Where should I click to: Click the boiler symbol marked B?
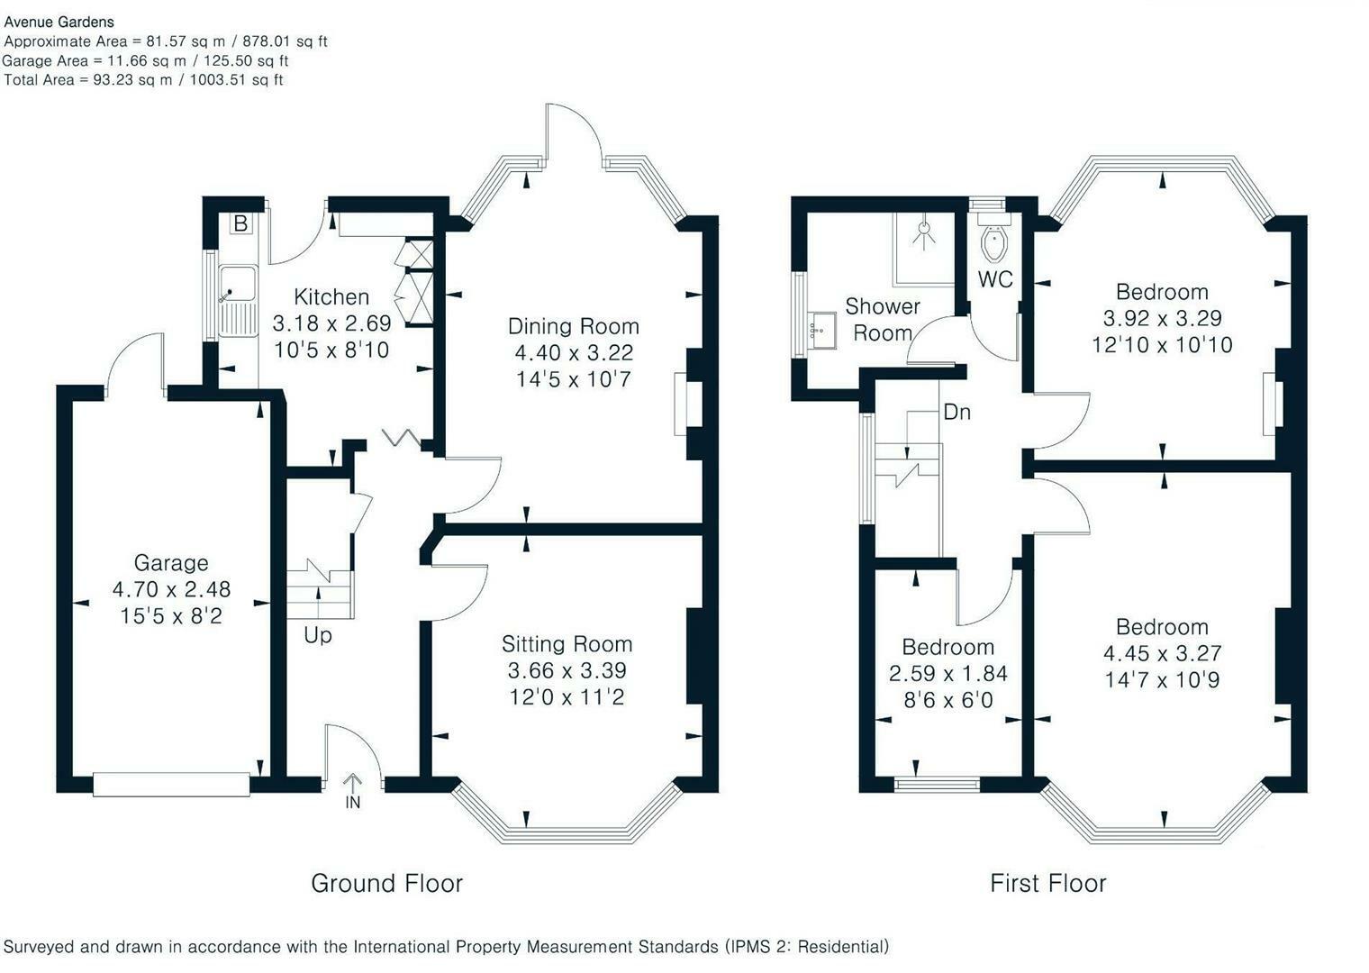pyautogui.click(x=240, y=223)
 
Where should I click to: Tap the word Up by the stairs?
pyautogui.click(x=317, y=635)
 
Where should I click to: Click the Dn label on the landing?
pyautogui.click(x=956, y=412)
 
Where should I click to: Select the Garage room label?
pyautogui.click(x=171, y=563)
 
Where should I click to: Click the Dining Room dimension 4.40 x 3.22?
pyautogui.click(x=573, y=352)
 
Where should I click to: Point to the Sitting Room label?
pyautogui.click(x=567, y=644)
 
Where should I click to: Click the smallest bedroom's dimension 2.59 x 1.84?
pyautogui.click(x=947, y=673)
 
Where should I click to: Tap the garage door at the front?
pyautogui.click(x=171, y=784)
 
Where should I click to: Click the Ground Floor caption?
pyautogui.click(x=386, y=883)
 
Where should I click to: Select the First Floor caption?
pyautogui.click(x=1047, y=883)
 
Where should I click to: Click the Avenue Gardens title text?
pyautogui.click(x=59, y=22)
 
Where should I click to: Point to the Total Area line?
pyautogui.click(x=144, y=80)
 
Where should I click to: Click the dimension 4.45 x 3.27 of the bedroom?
pyautogui.click(x=1162, y=653)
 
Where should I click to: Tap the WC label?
pyautogui.click(x=995, y=279)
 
